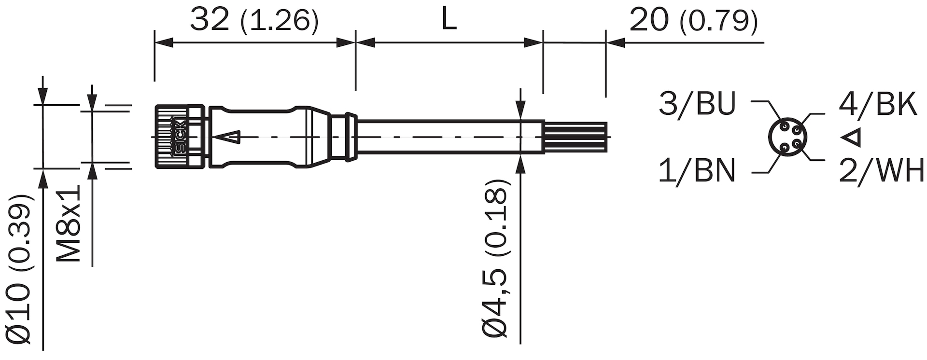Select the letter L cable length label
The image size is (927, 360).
tap(449, 21)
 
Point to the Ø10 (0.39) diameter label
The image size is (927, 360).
tap(18, 269)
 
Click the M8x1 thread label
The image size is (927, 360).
tap(69, 223)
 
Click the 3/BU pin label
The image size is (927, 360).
tap(697, 103)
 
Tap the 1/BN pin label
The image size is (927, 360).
tap(697, 170)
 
